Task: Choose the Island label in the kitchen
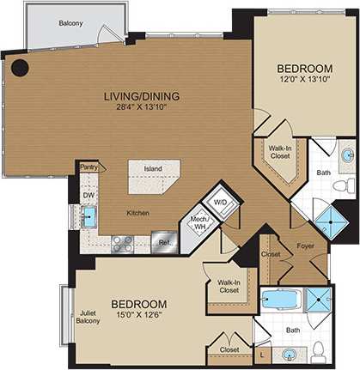tap(153, 168)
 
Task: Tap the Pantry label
tap(88, 167)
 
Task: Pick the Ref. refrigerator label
tap(164, 242)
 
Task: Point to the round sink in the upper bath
tap(346, 155)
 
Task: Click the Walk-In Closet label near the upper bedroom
tap(276, 153)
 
